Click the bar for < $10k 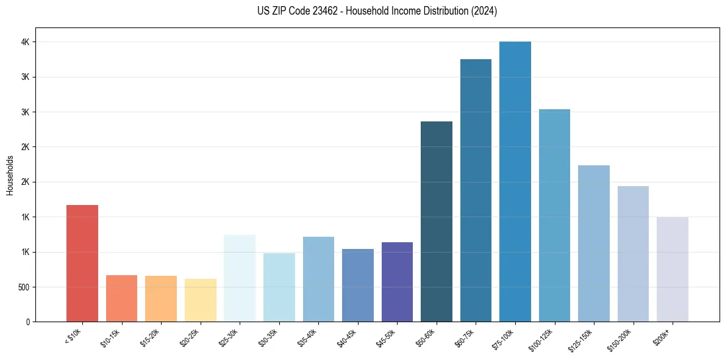point(82,263)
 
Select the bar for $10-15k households point(121,298)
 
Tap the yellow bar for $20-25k point(201,300)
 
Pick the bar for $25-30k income point(240,278)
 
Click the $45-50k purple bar point(397,282)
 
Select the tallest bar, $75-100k point(515,181)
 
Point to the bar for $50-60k point(437,221)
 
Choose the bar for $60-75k point(476,190)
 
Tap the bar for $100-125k point(554,215)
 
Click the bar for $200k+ point(673,269)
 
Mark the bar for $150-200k point(633,254)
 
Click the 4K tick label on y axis point(25,42)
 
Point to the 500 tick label point(23,287)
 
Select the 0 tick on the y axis point(27,322)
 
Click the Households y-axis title point(10,175)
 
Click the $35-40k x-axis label point(309,337)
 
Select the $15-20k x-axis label point(151,337)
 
